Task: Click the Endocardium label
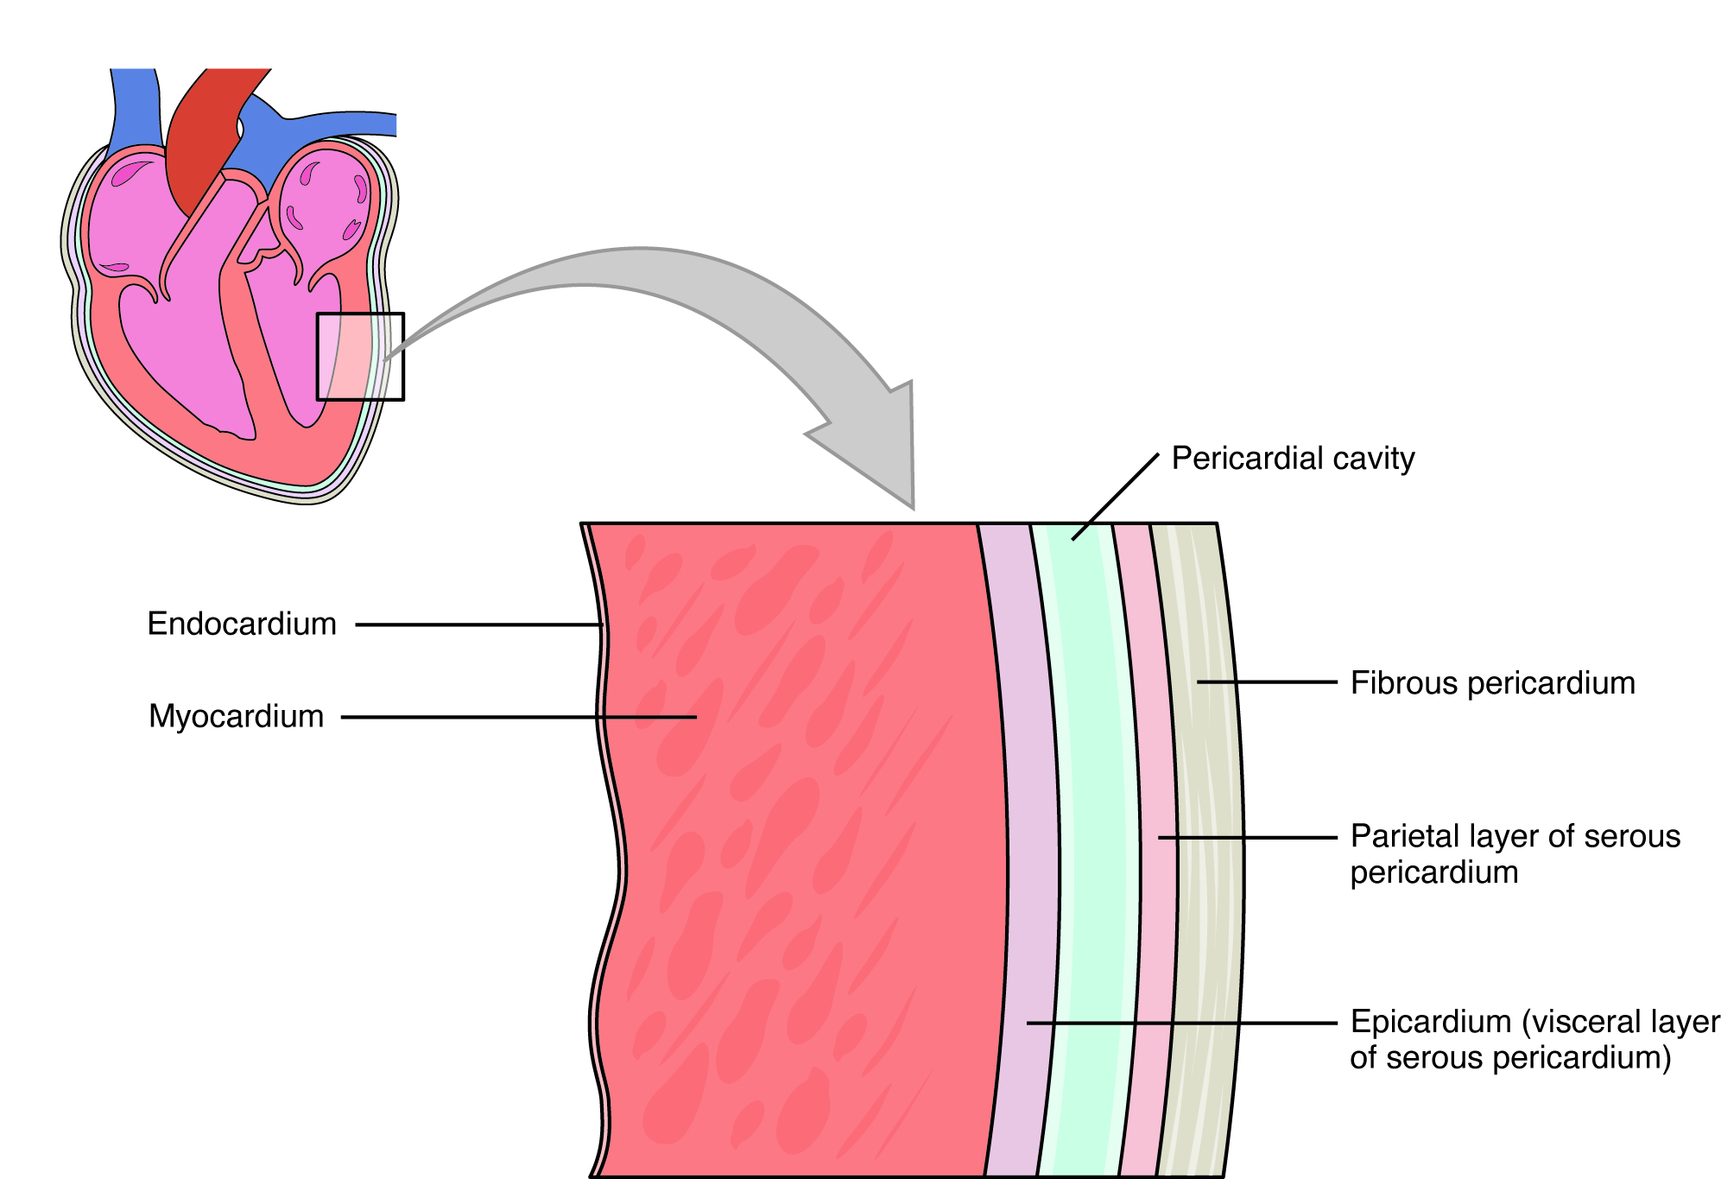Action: click(242, 624)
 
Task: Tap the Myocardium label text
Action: click(236, 716)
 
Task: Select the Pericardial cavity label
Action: click(1293, 459)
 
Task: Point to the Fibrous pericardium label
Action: click(1492, 683)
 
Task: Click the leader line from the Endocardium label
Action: click(475, 624)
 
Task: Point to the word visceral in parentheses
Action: click(1589, 1022)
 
